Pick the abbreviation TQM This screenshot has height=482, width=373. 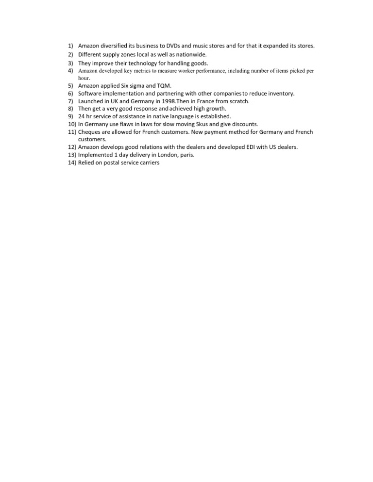click(165, 85)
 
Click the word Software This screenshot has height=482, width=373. click(91, 93)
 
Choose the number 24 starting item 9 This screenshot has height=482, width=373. click(82, 116)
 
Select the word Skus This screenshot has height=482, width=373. click(199, 124)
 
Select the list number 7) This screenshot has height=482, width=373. click(71, 101)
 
